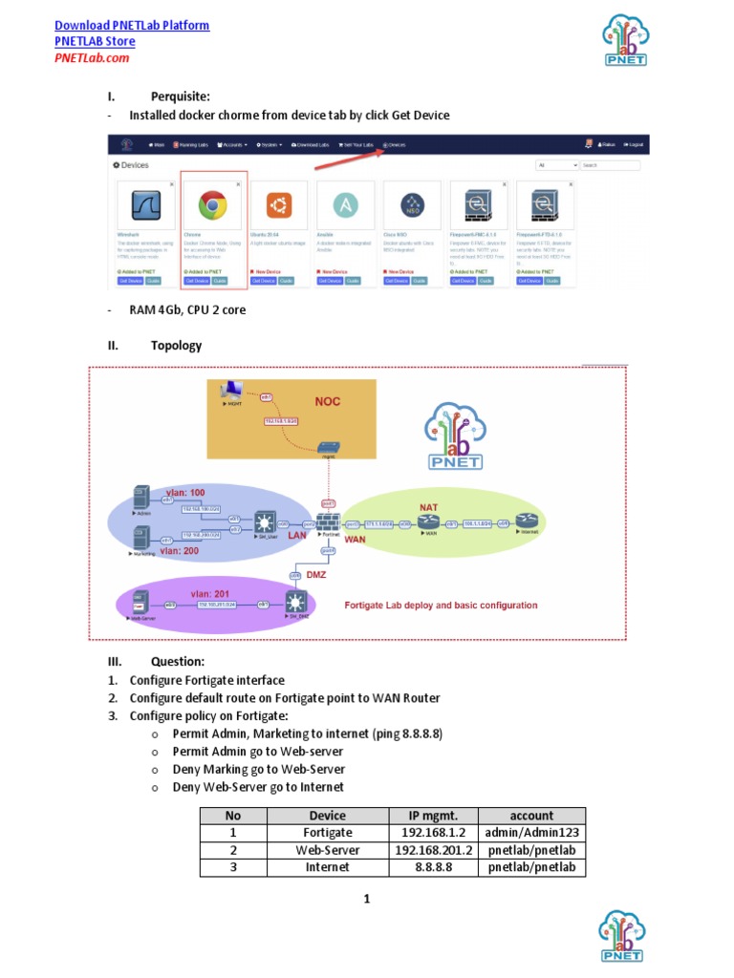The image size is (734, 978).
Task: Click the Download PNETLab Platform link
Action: (132, 26)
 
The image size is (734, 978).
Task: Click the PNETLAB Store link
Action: (95, 41)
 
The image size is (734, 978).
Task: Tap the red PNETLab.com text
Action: (92, 57)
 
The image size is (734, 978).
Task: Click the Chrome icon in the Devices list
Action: (213, 205)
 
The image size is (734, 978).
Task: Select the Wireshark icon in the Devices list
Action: (146, 205)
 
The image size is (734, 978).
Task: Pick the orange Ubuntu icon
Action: (279, 205)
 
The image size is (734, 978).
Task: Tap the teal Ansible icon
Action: (346, 205)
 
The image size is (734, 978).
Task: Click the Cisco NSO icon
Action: (413, 205)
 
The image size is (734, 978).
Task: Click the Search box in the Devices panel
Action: (610, 165)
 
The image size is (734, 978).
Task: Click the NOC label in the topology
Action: (328, 401)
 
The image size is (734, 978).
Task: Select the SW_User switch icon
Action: (263, 523)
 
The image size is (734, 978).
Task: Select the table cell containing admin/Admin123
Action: (531, 833)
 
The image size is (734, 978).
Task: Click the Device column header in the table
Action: (328, 816)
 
